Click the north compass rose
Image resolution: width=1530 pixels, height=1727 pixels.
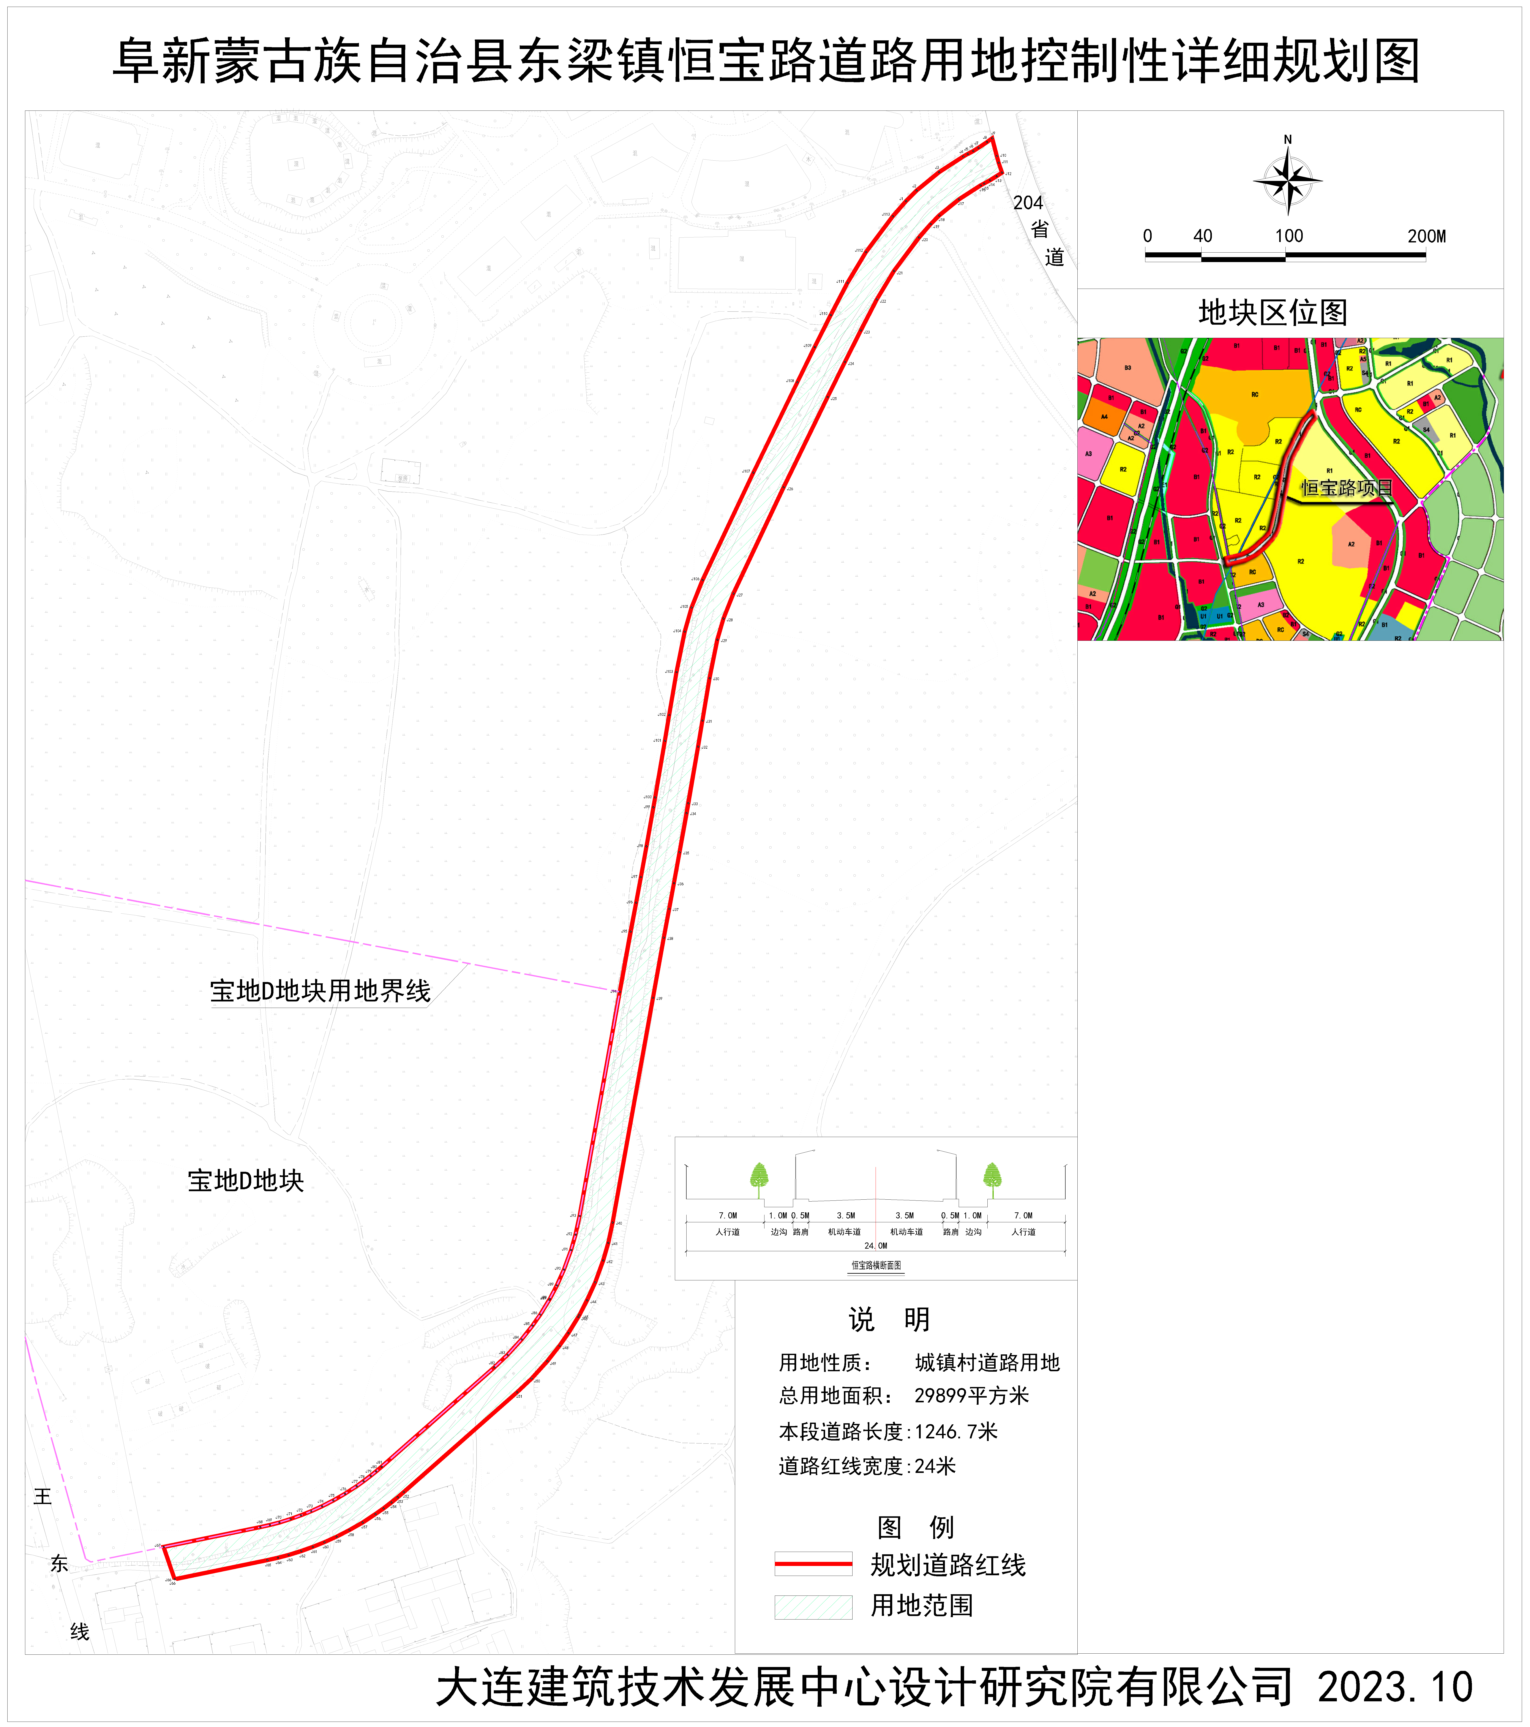(1288, 179)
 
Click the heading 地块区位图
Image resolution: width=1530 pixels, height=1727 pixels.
(1272, 313)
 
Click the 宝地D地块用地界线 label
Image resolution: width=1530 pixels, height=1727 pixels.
(320, 990)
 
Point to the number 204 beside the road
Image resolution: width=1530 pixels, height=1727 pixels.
(1028, 203)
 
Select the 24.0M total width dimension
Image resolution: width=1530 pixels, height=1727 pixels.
(875, 1245)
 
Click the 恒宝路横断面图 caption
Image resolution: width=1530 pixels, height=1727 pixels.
(876, 1265)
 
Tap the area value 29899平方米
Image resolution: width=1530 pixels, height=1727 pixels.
(972, 1396)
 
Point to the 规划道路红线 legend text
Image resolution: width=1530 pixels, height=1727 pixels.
(948, 1565)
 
